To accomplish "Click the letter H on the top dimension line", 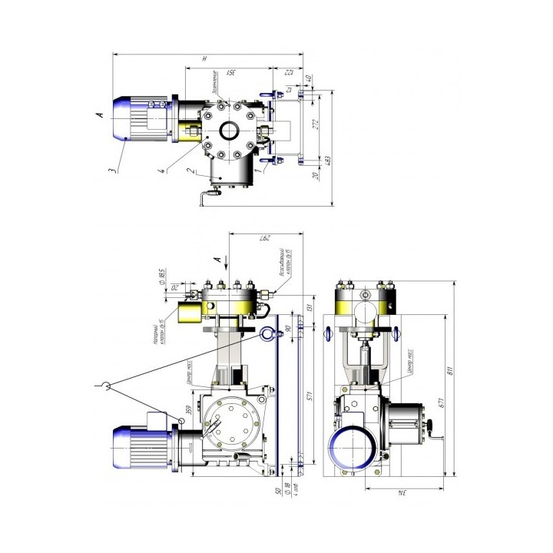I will [204, 58].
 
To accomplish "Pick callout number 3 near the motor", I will [111, 171].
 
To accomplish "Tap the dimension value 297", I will [260, 237].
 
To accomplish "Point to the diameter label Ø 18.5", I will [163, 274].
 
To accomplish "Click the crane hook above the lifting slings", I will [106, 386].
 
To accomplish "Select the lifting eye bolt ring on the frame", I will [266, 333].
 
